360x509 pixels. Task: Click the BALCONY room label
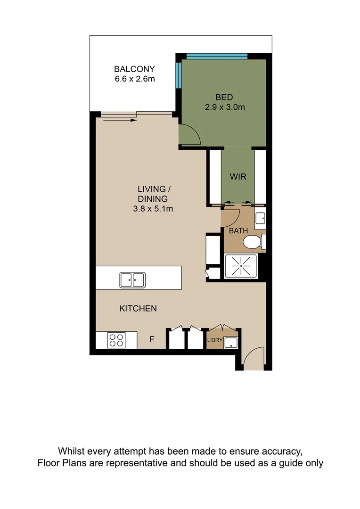point(134,69)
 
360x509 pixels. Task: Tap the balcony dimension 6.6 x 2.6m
point(134,79)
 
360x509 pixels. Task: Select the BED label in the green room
point(224,98)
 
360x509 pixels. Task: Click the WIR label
point(238,177)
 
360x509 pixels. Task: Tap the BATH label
point(238,231)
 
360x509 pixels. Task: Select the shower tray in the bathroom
point(241,266)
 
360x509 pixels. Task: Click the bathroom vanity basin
point(261,218)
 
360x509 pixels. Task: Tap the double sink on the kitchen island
point(132,279)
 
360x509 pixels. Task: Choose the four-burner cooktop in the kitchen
point(116,340)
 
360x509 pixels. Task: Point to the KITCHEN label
point(138,309)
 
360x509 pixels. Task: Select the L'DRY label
point(214,340)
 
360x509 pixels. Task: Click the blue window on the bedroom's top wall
point(217,56)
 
